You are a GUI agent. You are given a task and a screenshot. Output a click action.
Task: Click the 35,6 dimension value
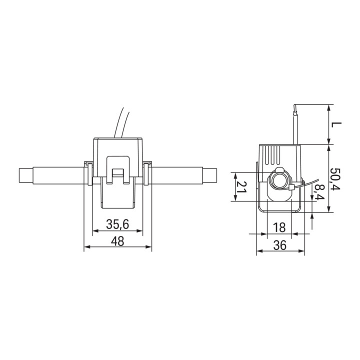(117, 224)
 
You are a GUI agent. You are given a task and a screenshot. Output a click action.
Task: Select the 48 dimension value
(117, 241)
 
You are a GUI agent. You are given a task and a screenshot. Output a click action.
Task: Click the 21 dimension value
(242, 187)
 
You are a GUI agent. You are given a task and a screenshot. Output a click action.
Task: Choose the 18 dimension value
(279, 227)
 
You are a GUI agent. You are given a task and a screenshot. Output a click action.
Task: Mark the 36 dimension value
(280, 245)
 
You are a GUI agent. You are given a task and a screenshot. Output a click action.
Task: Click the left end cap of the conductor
(25, 175)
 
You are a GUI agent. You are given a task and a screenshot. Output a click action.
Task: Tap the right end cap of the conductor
(209, 175)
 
